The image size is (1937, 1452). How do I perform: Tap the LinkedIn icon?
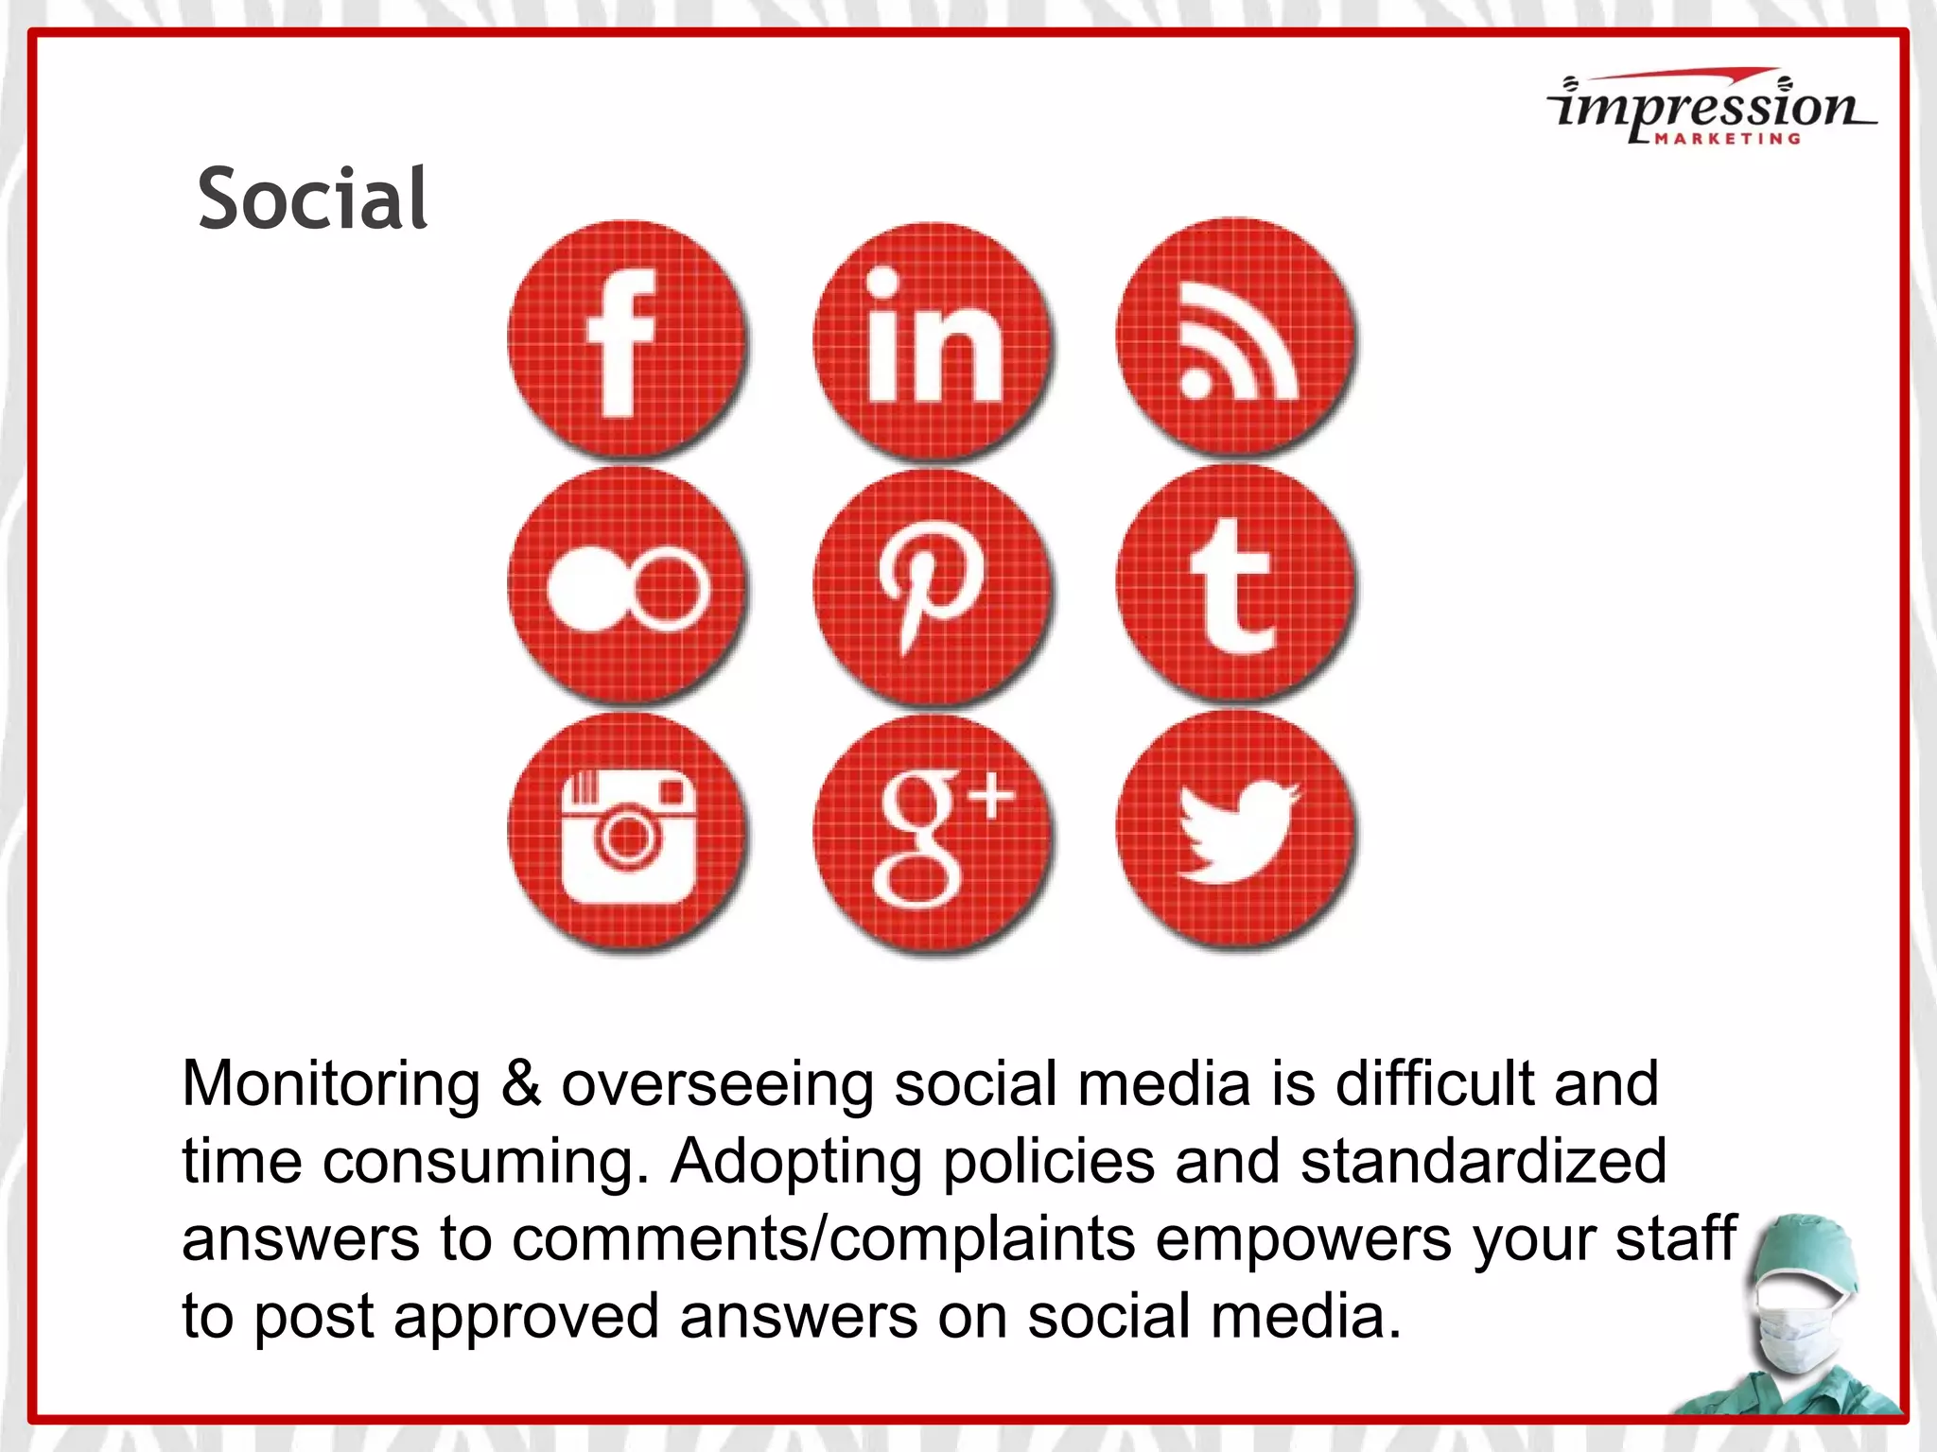pos(932,340)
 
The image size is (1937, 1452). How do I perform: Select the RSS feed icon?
pos(1235,337)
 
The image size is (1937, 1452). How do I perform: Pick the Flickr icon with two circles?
pos(626,586)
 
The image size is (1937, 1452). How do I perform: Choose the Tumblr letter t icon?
pos(1235,584)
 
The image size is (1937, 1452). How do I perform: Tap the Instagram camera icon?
pos(626,832)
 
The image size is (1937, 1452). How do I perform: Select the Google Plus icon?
pos(932,834)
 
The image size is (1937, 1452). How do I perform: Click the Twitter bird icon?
pos(1235,830)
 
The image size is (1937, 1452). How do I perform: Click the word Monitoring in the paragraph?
pos(331,1083)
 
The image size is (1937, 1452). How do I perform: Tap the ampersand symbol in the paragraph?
pos(520,1083)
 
